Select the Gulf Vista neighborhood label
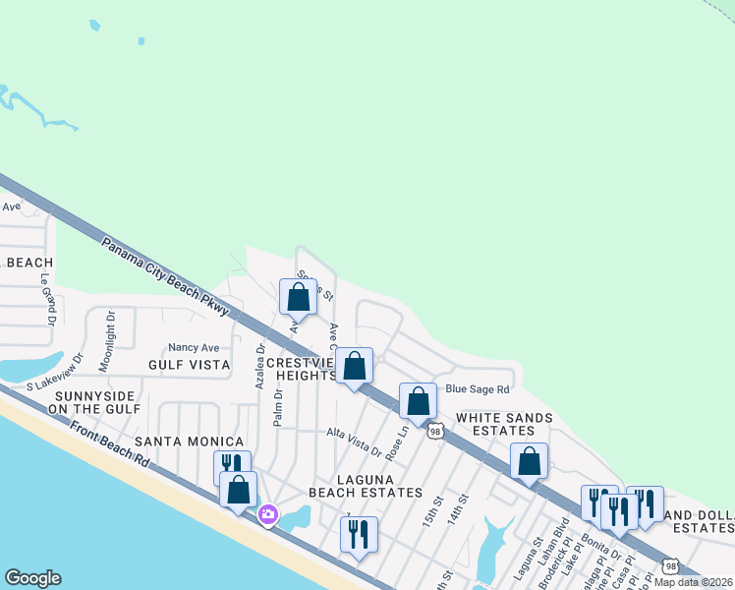[189, 365]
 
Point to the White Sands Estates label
[503, 424]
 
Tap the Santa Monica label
[189, 442]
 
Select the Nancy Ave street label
[194, 347]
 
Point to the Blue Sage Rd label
[479, 389]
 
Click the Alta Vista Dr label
[354, 442]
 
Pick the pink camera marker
[267, 514]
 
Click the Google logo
[32, 578]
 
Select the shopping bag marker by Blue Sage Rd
[418, 400]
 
